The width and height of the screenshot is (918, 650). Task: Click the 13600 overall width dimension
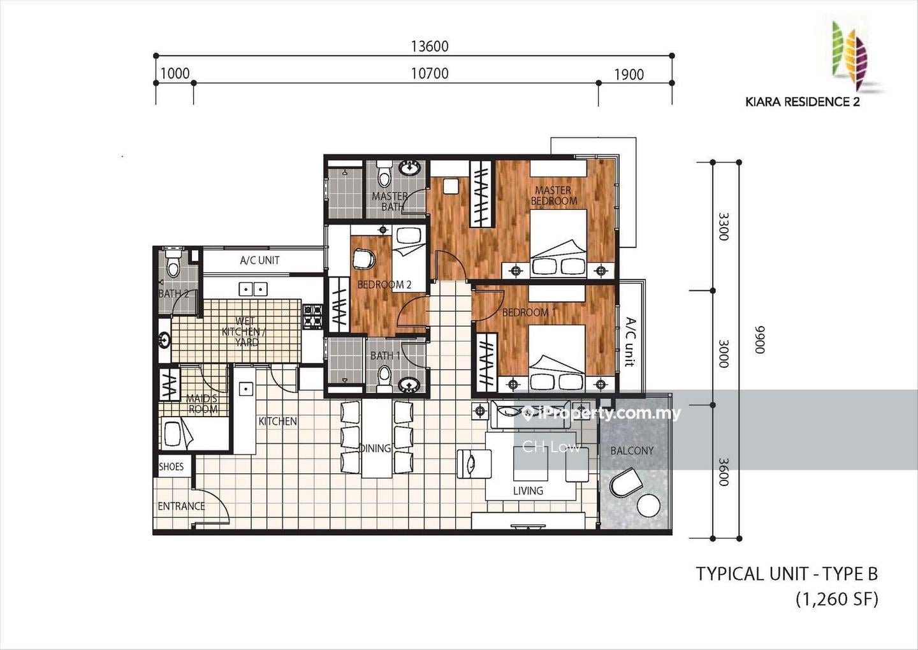430,47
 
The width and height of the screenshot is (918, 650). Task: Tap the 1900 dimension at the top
629,75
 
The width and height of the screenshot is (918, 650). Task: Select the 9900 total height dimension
759,339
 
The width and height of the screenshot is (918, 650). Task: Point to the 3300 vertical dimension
724,226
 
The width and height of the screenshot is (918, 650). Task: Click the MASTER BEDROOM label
553,196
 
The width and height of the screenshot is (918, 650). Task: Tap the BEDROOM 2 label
384,284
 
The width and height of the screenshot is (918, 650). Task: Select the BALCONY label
632,451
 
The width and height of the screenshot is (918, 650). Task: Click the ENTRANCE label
181,506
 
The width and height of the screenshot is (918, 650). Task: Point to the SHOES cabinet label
171,467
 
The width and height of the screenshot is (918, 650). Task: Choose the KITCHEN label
278,421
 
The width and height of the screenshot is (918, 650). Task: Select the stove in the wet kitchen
312,316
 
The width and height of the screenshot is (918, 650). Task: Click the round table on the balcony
648,506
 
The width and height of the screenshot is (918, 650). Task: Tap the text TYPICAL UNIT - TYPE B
787,573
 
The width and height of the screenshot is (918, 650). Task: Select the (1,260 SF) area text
837,599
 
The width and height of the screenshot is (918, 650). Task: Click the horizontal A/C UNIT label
260,260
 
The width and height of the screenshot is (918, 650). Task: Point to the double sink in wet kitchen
253,289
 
